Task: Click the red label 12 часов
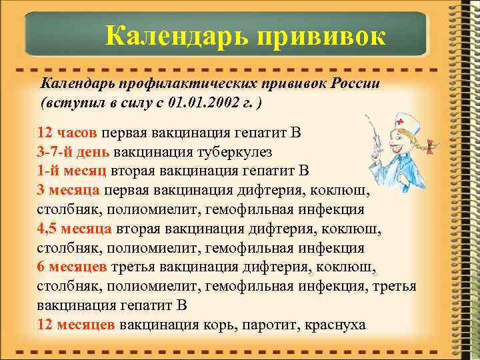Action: pyautogui.click(x=68, y=131)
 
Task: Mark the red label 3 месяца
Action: pyautogui.click(x=69, y=189)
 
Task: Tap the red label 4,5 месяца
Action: pyautogui.click(x=74, y=228)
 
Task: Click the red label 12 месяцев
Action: pyautogui.click(x=76, y=325)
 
